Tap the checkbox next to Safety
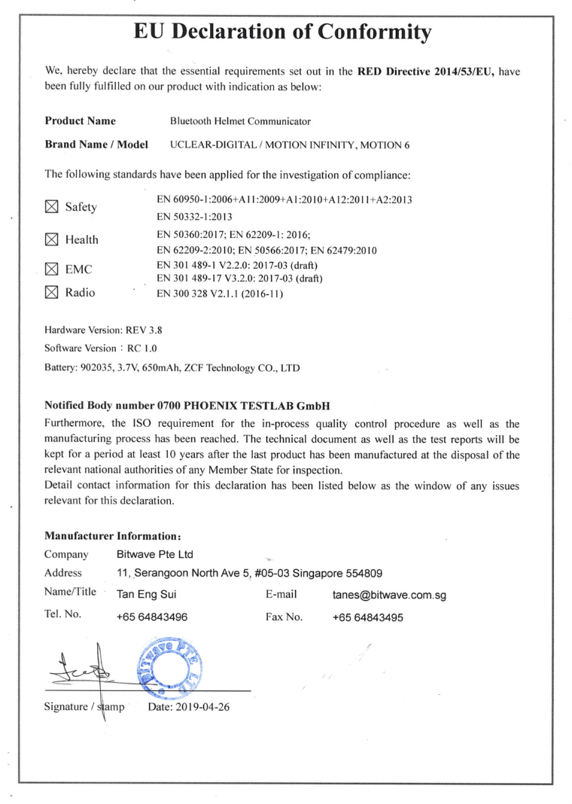click(52, 206)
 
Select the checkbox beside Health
click(52, 240)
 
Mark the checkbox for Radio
click(52, 293)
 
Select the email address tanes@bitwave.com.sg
click(389, 596)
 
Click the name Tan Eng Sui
click(146, 596)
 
